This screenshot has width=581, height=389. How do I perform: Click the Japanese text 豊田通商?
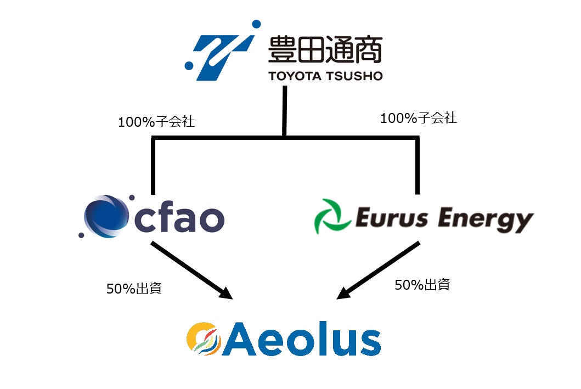[325, 49]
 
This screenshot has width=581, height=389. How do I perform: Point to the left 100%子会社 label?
[156, 122]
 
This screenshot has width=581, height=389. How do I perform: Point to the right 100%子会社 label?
[419, 117]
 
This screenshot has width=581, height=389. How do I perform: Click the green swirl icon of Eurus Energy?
[331, 217]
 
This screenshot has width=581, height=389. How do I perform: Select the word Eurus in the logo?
[391, 219]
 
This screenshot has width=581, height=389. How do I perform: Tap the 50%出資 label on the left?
[134, 289]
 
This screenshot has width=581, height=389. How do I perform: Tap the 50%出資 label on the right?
[422, 285]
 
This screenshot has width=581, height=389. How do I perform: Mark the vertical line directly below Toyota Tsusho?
[284, 110]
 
